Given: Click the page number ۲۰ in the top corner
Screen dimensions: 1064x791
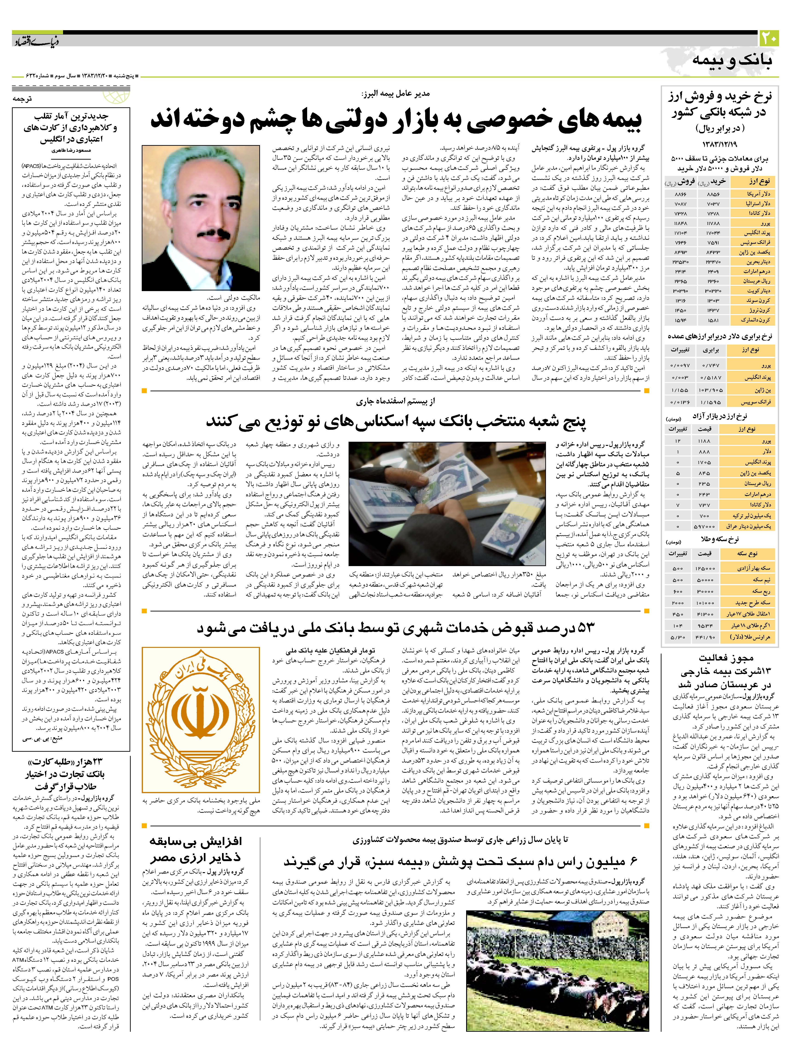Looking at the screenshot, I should [769, 37].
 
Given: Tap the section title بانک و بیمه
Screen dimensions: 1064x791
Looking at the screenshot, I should [733, 60].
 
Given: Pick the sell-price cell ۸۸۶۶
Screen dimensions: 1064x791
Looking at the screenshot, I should [680, 194].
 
